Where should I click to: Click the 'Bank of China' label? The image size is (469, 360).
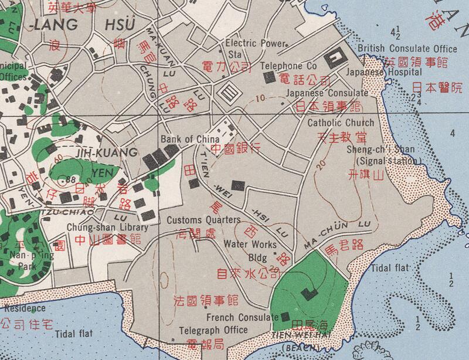click(189, 139)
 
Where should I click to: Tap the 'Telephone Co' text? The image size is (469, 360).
click(289, 66)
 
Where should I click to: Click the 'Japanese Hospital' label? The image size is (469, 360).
click(383, 72)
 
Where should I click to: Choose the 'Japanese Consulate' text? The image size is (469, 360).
click(327, 93)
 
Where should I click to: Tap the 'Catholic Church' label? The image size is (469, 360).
click(341, 123)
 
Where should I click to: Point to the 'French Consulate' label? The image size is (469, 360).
click(242, 317)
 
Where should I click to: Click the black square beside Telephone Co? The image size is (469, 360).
click(269, 77)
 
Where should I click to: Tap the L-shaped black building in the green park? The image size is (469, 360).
click(307, 294)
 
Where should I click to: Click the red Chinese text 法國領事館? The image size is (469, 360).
click(206, 301)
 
